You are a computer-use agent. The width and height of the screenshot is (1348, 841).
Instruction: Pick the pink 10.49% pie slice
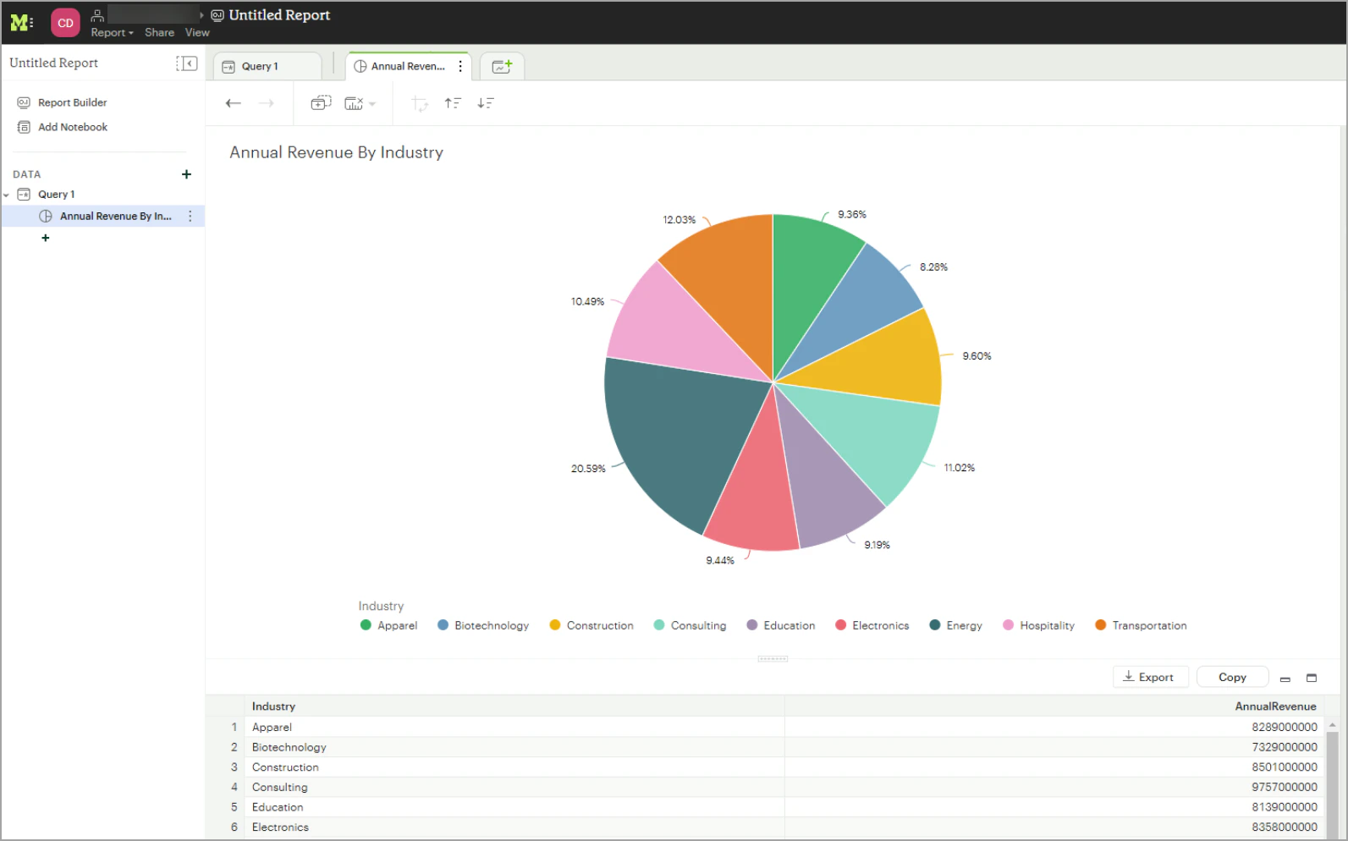(668, 330)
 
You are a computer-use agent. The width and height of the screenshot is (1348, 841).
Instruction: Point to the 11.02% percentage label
(959, 468)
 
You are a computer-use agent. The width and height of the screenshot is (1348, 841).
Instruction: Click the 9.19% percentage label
(877, 545)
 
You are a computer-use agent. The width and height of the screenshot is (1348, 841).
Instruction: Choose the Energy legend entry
(955, 626)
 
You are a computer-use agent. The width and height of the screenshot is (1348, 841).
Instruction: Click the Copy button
(1231, 677)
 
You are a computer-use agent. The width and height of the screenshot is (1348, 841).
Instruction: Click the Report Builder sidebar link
(72, 102)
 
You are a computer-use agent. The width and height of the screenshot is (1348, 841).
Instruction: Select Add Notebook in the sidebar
(72, 127)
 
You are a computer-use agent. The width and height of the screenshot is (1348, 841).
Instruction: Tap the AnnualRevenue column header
(1274, 706)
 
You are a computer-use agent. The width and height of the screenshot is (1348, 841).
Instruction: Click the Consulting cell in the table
(280, 788)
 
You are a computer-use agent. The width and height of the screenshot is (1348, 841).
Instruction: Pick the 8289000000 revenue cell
(1284, 727)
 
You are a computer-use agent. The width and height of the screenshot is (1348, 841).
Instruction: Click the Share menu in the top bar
(159, 33)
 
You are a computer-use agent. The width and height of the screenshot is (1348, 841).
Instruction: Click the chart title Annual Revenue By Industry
(336, 152)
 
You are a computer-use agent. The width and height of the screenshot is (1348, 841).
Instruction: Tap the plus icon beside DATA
(186, 174)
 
